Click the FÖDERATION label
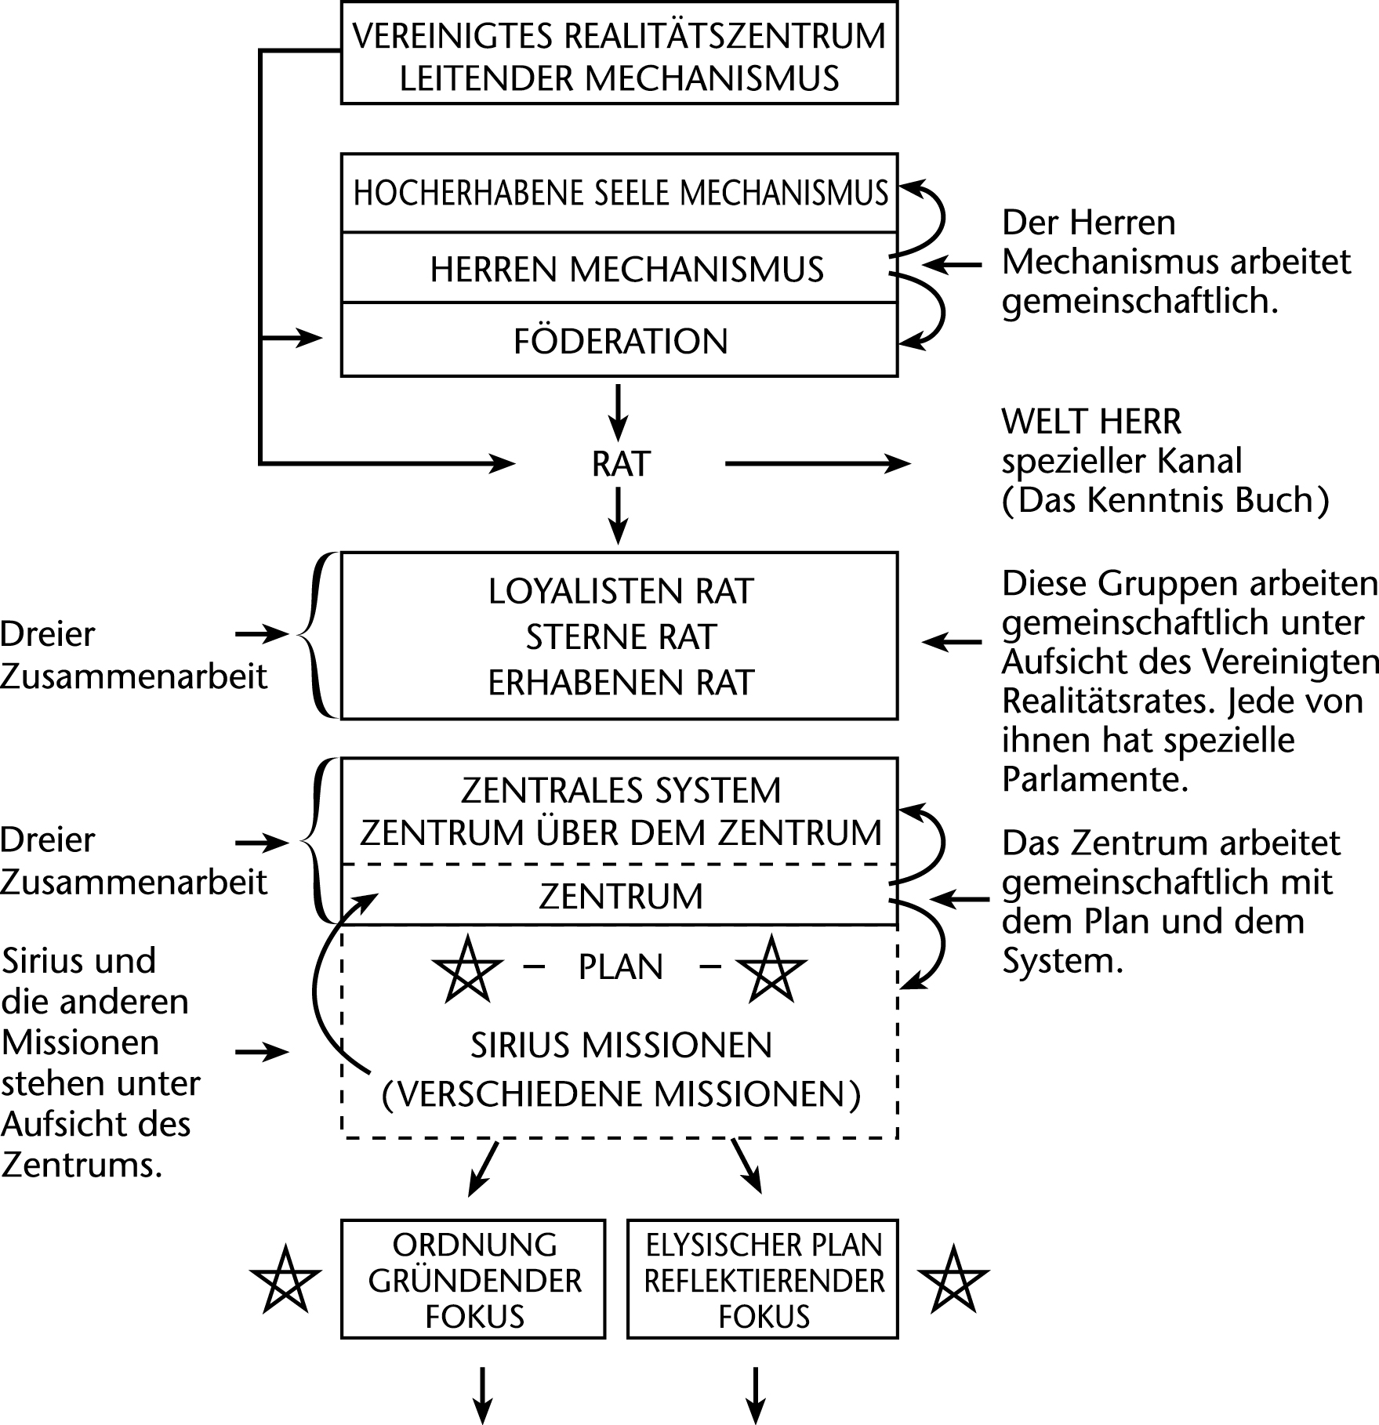pos(620,342)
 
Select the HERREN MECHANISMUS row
pos(626,270)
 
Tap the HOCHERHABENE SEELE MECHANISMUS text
pos(620,194)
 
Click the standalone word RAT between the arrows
pos(620,464)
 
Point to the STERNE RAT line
pos(620,637)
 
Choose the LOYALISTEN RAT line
pos(620,592)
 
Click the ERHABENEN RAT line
pos(620,683)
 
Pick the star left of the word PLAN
pos(467,969)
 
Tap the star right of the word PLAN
pos(771,969)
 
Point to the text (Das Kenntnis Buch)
pos(1165,501)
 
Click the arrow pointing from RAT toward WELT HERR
pos(818,464)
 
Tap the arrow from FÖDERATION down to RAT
pos(619,412)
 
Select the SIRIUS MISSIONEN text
pos(620,1046)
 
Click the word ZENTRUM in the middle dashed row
pos(620,897)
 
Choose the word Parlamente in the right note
pos(1095,779)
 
